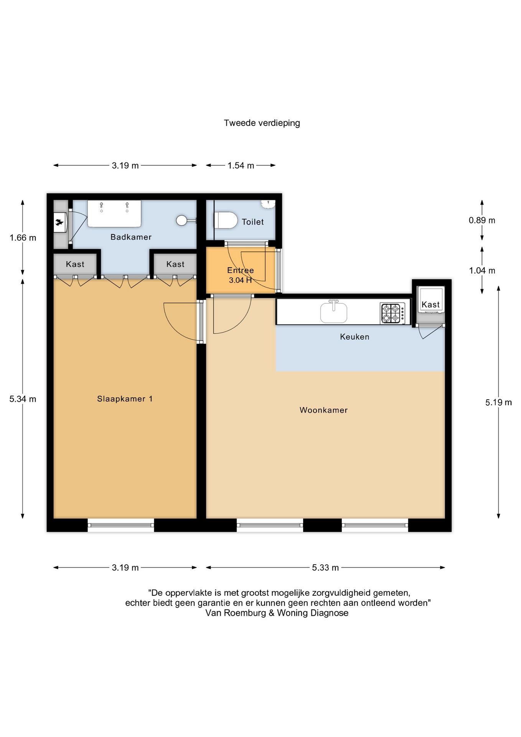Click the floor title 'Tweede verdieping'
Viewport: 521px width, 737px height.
[x=262, y=123]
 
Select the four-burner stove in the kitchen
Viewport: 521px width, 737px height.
[x=392, y=313]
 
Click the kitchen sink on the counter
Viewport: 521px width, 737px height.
[x=334, y=312]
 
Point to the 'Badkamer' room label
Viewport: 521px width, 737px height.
[x=131, y=237]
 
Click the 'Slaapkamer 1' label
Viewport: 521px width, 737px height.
[x=125, y=399]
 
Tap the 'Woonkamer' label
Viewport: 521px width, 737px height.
[x=323, y=410]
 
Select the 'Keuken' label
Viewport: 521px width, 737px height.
[x=354, y=337]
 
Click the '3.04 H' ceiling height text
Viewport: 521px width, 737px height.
[x=240, y=280]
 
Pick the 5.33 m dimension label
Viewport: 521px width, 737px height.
[x=325, y=568]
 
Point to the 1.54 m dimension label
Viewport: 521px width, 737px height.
[x=241, y=166]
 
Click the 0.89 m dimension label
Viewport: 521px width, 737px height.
[x=482, y=220]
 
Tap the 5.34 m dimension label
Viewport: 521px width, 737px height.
[x=23, y=399]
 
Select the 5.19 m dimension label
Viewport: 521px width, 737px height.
[x=498, y=402]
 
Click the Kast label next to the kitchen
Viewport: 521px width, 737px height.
[x=430, y=304]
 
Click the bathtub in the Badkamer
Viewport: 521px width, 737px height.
[x=114, y=213]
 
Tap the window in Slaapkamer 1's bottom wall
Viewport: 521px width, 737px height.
[x=121, y=525]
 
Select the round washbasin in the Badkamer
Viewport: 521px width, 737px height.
[x=182, y=220]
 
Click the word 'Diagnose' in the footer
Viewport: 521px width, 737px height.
[x=329, y=613]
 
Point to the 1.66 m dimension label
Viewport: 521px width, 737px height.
[x=23, y=238]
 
